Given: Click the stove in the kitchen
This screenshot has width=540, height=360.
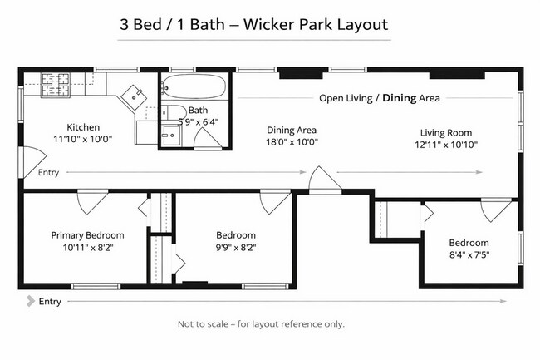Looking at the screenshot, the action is (x=56, y=85).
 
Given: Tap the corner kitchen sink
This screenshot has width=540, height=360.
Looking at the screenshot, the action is (x=134, y=97).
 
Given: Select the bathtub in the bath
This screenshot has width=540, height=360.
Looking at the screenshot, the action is (x=194, y=86).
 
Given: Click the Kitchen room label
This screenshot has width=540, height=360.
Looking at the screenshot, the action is (x=83, y=127).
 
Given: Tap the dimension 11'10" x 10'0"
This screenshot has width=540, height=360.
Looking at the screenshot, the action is (x=82, y=139).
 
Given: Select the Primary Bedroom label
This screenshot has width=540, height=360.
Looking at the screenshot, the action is (x=87, y=235).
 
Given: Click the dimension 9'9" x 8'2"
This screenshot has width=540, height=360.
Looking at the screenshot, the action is (x=236, y=248).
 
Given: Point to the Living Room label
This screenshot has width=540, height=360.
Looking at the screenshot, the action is (x=446, y=133).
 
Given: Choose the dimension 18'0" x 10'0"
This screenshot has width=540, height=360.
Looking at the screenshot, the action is (x=292, y=142).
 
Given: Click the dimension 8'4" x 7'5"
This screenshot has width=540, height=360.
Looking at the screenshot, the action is (x=469, y=255).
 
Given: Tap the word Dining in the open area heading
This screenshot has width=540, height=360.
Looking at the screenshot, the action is (x=399, y=98).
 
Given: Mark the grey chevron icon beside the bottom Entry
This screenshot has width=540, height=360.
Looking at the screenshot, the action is (x=31, y=301).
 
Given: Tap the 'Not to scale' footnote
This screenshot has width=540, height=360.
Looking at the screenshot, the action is (x=261, y=324).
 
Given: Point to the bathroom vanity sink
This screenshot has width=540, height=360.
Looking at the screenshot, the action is (x=171, y=135).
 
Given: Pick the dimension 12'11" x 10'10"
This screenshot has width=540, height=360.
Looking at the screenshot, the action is (x=446, y=145).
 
